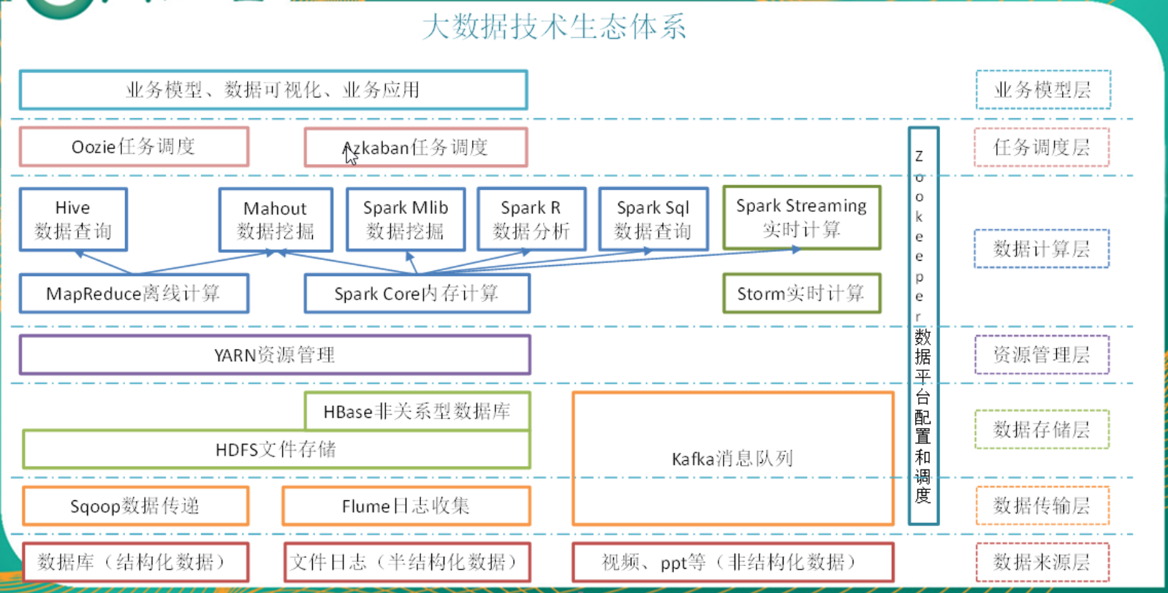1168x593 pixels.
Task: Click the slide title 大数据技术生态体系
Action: coord(554,27)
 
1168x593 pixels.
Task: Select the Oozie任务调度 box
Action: coord(134,147)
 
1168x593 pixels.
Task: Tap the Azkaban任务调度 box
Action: coord(416,148)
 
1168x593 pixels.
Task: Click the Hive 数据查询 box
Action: coord(73,220)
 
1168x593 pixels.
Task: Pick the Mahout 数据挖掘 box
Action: coord(276,220)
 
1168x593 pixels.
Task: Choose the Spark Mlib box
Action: coord(406,220)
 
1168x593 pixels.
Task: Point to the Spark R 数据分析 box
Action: coord(531,220)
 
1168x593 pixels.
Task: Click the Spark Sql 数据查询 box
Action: coord(653,220)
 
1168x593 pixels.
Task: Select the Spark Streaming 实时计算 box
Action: coord(802,218)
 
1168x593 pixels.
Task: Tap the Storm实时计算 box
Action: coord(802,294)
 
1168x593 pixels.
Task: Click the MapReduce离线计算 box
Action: coord(134,294)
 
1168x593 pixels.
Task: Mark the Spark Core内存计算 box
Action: coord(417,294)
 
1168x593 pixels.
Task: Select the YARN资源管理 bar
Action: coord(275,355)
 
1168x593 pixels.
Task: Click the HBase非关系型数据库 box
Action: coord(417,411)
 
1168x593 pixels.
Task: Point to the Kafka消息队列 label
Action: coord(732,459)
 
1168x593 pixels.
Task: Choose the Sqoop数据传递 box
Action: coord(135,506)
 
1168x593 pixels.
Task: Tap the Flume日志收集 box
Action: coord(406,506)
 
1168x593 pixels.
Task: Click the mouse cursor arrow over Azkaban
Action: coord(351,154)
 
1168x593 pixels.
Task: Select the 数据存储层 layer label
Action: coord(1042,429)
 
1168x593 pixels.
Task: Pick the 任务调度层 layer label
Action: coord(1042,148)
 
